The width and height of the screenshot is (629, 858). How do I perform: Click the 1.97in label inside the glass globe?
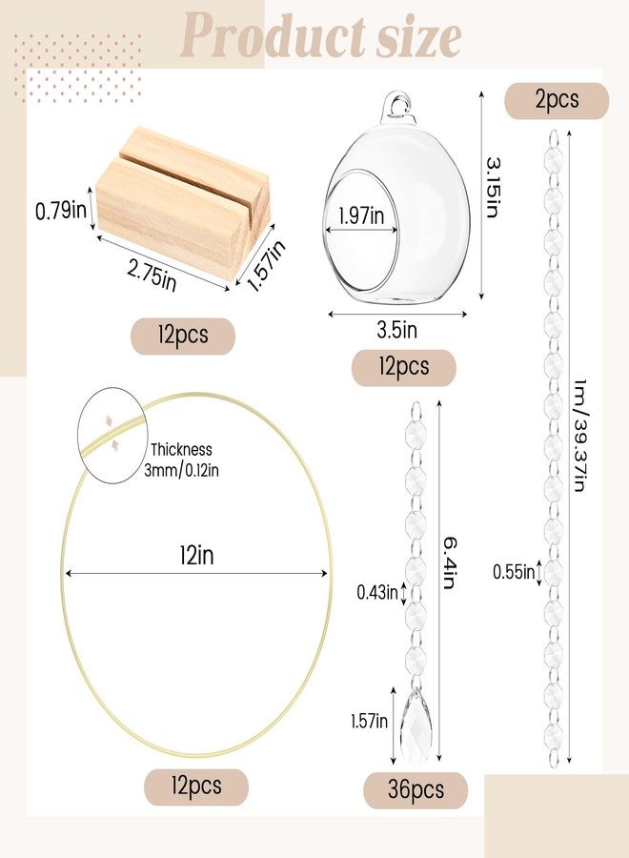361,217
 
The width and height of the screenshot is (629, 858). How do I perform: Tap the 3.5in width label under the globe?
397,330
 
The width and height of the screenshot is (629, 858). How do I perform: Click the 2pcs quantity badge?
556,100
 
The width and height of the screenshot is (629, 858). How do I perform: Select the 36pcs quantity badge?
416,790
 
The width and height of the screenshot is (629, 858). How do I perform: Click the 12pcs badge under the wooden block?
182,336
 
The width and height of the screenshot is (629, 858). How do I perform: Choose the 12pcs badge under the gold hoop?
195,786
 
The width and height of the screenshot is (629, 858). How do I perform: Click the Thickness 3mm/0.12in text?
181,459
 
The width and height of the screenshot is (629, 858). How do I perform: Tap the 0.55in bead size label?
513,572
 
